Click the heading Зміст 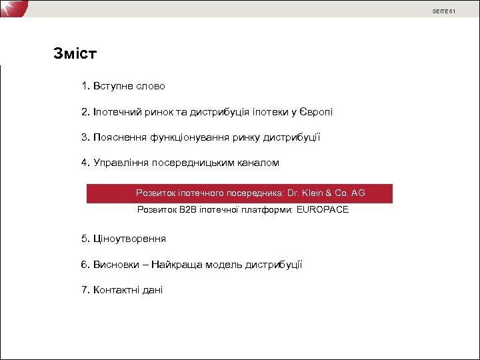point(75,53)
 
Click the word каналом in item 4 point(259,163)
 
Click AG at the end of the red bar point(358,193)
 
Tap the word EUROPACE point(323,210)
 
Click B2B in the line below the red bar point(187,210)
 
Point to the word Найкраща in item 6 point(173,265)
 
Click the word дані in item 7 point(153,290)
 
